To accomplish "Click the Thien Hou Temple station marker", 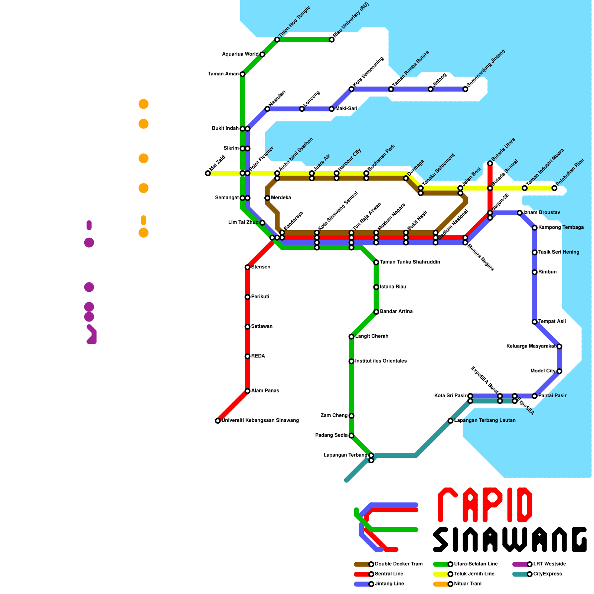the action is pyautogui.click(x=277, y=40).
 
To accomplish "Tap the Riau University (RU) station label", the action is pyautogui.click(x=351, y=20).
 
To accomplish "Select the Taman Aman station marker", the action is pyautogui.click(x=242, y=74).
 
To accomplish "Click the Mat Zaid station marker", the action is pyautogui.click(x=208, y=173).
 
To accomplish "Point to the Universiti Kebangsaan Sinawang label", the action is pyautogui.click(x=260, y=421).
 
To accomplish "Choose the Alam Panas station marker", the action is pyautogui.click(x=248, y=391).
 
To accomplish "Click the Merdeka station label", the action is pyautogui.click(x=281, y=198).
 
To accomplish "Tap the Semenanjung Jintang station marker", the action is pyautogui.click(x=465, y=89).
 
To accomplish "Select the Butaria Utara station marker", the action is pyautogui.click(x=490, y=163).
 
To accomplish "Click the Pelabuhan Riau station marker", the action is pyautogui.click(x=554, y=188).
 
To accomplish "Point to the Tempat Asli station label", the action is pyautogui.click(x=552, y=322).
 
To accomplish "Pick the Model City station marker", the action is pyautogui.click(x=559, y=371).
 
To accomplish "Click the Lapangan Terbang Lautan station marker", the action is pyautogui.click(x=450, y=421).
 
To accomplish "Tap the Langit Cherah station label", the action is pyautogui.click(x=372, y=336).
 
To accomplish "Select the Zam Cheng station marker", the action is pyautogui.click(x=352, y=416).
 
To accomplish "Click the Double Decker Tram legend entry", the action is pyautogui.click(x=388, y=564).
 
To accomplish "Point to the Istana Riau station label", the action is pyautogui.click(x=393, y=287).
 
